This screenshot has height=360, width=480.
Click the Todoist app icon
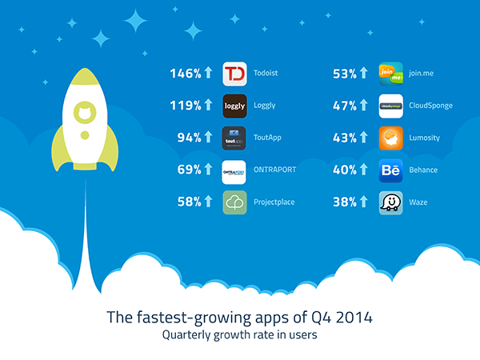pos(234,74)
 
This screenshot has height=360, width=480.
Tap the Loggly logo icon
pos(234,106)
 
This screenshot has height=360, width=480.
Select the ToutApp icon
pos(234,138)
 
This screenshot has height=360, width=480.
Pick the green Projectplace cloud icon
pos(234,202)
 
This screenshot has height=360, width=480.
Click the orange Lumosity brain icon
pos(391,138)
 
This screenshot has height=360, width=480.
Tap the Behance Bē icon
pos(391,170)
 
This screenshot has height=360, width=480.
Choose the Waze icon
pos(391,202)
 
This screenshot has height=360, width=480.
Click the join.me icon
pos(391,74)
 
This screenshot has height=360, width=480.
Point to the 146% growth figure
pos(186,74)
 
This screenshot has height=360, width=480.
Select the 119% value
pos(186,106)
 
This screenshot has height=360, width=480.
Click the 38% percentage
pos(345,202)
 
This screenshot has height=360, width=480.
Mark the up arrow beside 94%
pos(208,137)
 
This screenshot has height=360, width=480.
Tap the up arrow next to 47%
pos(364,105)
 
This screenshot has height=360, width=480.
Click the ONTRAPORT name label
pos(275,170)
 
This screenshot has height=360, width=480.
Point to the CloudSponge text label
pos(430,106)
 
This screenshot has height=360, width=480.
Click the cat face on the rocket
pos(85,113)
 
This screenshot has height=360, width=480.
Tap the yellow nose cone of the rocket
pos(85,77)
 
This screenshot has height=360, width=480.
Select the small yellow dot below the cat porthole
pos(85,135)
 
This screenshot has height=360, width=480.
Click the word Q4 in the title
pos(321,318)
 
